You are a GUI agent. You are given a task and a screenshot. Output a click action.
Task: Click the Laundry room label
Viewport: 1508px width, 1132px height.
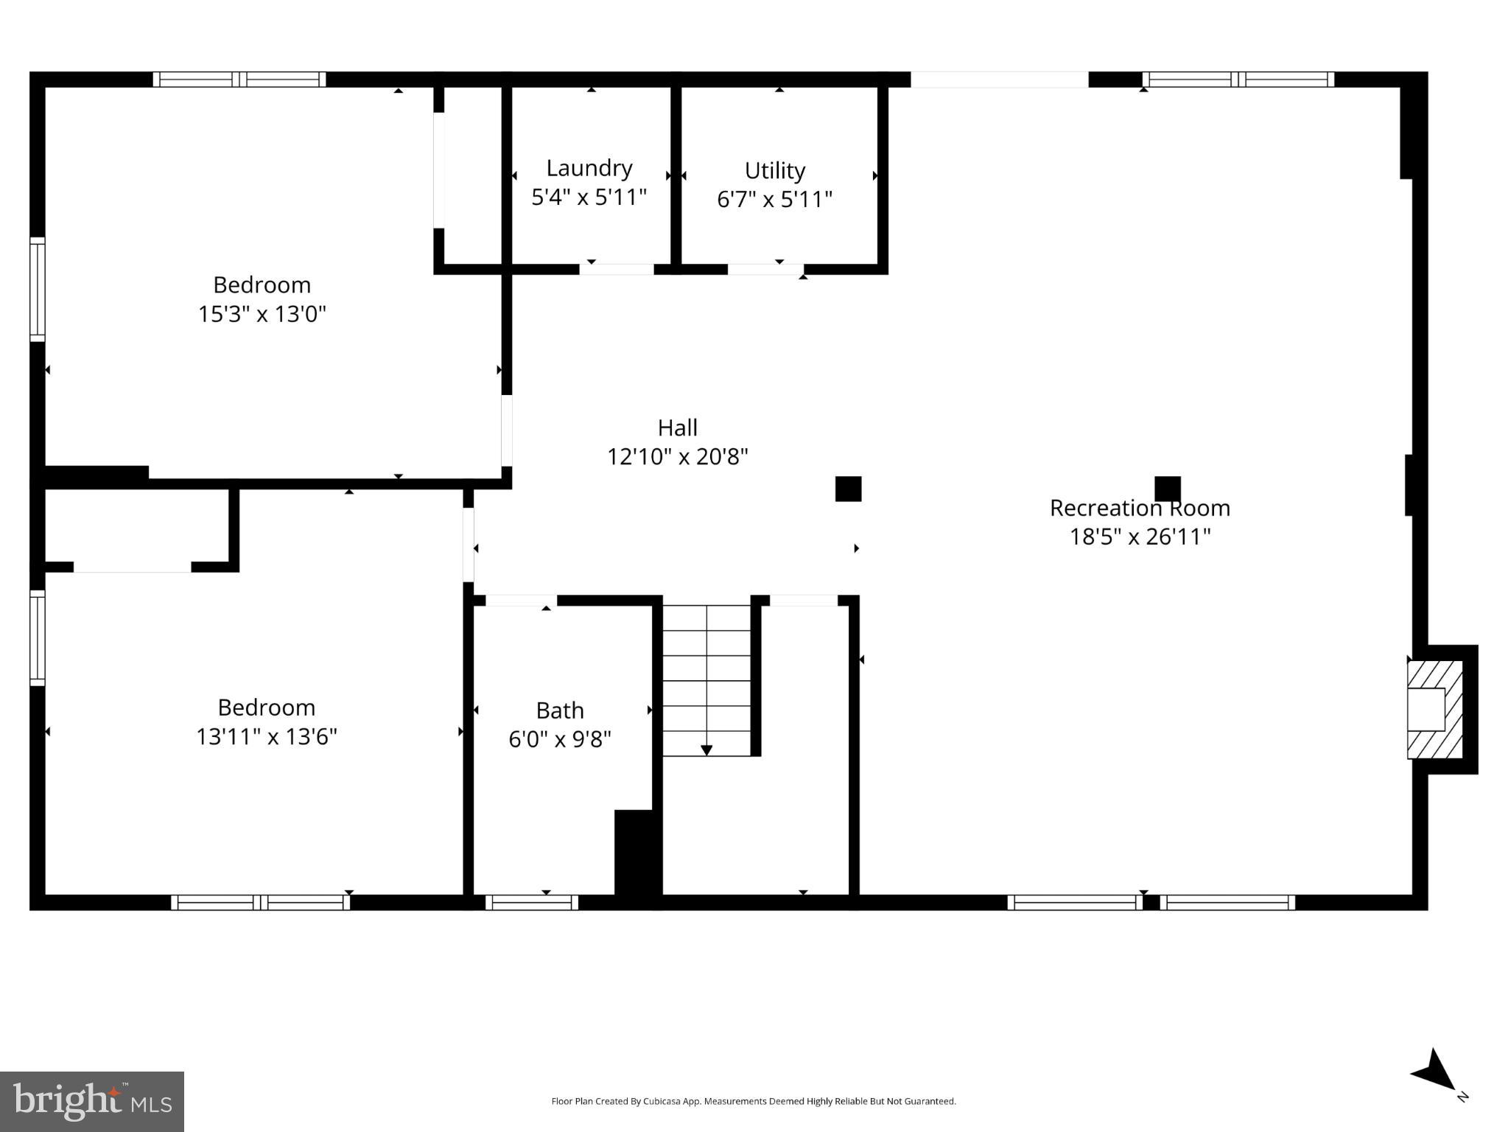589,168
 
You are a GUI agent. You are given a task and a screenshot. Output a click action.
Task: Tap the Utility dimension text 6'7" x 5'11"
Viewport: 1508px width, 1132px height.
774,199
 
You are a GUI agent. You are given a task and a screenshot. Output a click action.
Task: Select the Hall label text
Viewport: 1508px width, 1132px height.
677,427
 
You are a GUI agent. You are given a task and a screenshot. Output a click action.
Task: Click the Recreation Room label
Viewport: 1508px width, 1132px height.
1139,508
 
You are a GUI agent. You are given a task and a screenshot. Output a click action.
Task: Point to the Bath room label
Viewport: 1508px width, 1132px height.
559,710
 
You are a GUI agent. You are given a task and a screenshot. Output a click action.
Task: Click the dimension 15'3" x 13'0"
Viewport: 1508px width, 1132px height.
262,314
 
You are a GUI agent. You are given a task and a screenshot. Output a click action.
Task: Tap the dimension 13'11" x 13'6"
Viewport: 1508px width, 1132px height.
266,736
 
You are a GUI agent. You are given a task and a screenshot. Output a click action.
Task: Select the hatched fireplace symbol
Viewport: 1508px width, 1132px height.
1434,709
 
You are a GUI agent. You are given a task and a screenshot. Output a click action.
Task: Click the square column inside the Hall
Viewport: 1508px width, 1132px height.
848,489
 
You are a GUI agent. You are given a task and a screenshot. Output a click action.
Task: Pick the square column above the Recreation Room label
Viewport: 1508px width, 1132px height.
1167,489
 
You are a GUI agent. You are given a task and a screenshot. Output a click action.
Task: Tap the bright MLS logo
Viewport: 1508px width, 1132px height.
92,1101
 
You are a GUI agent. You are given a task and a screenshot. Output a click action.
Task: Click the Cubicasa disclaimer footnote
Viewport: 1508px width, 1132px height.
753,1101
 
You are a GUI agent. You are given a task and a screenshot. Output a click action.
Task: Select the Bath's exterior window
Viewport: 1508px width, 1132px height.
531,902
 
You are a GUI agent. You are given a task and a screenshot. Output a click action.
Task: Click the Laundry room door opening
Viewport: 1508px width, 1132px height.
616,269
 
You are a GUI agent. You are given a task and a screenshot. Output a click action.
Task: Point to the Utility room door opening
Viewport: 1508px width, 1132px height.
765,269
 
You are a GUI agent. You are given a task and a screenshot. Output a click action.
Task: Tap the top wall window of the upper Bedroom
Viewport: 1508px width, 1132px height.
239,80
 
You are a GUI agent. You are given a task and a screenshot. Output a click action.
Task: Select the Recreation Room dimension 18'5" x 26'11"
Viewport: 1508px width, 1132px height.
1139,537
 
